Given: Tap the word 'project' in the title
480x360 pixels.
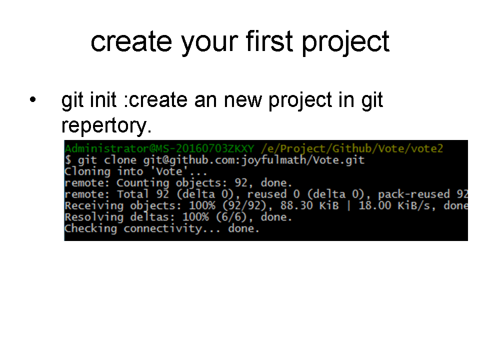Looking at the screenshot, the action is tap(345, 43).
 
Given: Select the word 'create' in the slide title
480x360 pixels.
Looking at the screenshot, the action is tap(131, 42).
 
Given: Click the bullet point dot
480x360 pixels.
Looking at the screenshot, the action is tap(33, 99).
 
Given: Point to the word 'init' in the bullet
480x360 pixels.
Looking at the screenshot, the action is tap(104, 99).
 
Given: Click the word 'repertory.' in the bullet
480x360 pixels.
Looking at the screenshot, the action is tap(106, 126).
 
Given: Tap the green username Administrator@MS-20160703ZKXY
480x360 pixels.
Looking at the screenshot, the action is tap(159, 148).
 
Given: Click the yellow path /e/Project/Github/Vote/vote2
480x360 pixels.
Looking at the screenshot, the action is tap(352, 149).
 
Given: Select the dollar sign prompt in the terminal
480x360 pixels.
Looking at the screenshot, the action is tap(68, 160).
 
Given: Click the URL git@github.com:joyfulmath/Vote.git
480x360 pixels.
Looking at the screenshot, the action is tap(254, 160).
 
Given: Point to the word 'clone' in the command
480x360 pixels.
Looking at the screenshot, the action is tap(120, 160).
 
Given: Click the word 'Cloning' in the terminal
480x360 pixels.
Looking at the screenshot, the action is tap(87, 171).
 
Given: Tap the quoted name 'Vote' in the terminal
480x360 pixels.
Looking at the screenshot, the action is tap(169, 171).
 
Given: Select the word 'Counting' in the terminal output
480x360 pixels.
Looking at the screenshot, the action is tap(142, 183).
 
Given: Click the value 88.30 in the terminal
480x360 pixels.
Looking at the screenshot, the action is tap(296, 205).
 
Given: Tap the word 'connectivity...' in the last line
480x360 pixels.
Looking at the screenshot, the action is tap(171, 228).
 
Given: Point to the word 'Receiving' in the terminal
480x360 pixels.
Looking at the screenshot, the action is tap(94, 205).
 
